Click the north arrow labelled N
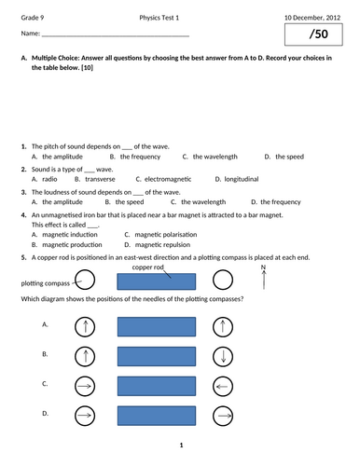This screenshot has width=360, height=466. pos(264,277)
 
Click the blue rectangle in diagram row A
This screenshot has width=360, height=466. pos(156,326)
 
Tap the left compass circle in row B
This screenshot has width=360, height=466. pos(84,355)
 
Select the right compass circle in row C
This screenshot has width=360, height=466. pos(223,384)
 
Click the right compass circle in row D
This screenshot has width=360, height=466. pos(223,413)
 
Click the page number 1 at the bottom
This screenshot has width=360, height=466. pos(180,445)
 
